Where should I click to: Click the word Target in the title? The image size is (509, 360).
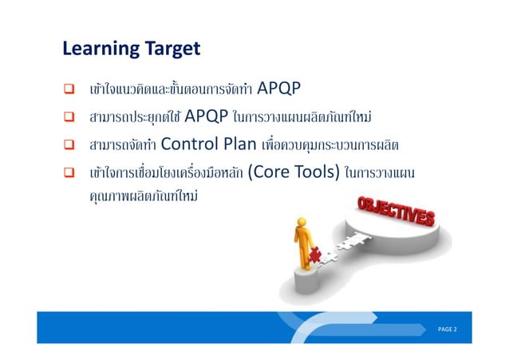tap(172, 49)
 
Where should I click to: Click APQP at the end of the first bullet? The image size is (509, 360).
tap(279, 88)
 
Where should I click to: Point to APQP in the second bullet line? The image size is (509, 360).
tap(206, 119)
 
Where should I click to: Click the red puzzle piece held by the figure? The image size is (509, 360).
tap(316, 253)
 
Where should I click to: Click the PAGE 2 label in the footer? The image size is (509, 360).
tap(446, 330)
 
